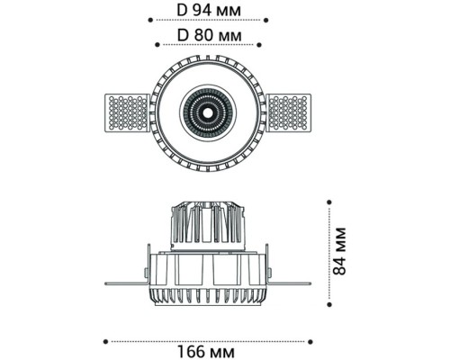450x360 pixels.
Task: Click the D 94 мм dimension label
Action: pos(209,11)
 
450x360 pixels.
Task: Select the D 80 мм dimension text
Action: pos(209,35)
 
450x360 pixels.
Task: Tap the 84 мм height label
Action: pos(340,251)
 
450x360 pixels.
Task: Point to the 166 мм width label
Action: pos(206,352)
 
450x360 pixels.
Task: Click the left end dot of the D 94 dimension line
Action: pos(150,20)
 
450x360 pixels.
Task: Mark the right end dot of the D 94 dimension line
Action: pos(265,20)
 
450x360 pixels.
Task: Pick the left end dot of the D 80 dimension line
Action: pos(157,45)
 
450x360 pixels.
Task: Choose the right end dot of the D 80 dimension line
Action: pos(259,45)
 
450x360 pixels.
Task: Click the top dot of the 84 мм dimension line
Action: pos(329,202)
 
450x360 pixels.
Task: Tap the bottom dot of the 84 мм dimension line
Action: pos(329,304)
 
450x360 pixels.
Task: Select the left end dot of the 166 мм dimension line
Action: pos(105,341)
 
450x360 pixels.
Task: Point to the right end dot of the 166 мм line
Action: pos(310,341)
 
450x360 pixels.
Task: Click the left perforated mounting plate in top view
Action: pos(127,112)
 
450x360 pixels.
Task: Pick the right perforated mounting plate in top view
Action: pos(289,112)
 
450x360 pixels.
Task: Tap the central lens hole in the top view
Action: pos(208,112)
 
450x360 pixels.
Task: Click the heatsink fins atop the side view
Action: pos(208,222)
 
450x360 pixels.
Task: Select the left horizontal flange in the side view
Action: pos(126,283)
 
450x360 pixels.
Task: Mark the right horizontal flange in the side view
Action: pos(290,283)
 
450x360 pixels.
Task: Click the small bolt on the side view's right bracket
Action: pos(270,273)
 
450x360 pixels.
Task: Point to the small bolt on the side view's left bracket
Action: pos(146,273)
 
